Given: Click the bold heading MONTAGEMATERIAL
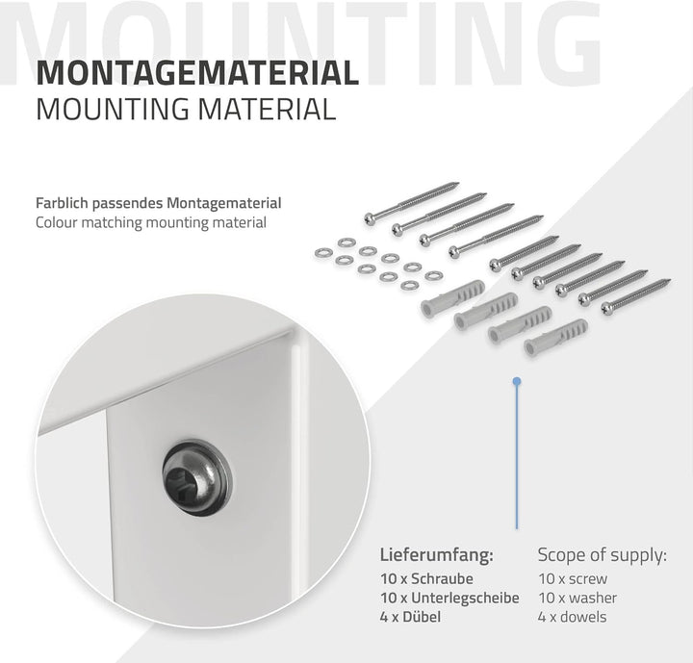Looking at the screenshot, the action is [197, 73].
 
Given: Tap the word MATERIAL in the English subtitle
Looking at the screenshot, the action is [267, 110].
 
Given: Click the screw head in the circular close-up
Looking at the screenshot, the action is [196, 476].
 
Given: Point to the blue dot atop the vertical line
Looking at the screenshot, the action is [517, 381].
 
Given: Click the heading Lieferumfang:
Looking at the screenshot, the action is [436, 555].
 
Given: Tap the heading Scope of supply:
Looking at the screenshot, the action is [602, 555].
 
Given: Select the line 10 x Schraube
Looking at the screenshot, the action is [426, 578].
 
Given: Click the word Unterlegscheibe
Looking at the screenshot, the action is [465, 598].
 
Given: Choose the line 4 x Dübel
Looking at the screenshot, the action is [410, 617].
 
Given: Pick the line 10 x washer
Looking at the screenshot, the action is [577, 598].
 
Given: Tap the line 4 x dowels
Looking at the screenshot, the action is [572, 617].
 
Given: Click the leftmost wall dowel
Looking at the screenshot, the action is [452, 298].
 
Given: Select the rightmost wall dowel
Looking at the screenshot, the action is [555, 337].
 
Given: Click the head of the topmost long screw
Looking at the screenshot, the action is [370, 218].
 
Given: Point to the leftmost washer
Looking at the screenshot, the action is [323, 253].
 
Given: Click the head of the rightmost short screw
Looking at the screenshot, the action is [607, 309].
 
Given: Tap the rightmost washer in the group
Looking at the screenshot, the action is [433, 276].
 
